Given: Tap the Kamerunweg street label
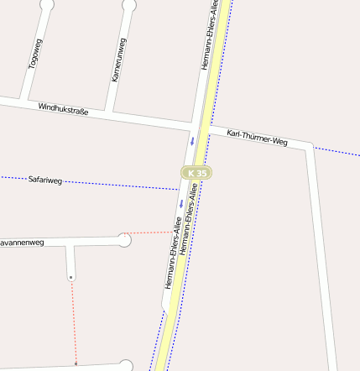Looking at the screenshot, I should [x=118, y=60].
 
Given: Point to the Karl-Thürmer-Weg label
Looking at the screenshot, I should [x=257, y=138].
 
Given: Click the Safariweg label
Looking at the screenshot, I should [x=45, y=180].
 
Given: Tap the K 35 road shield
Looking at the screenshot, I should [x=197, y=172].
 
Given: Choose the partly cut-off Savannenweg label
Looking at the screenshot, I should [x=21, y=242].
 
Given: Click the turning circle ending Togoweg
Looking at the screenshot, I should [x=47, y=4].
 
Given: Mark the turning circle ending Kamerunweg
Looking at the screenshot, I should [x=128, y=5].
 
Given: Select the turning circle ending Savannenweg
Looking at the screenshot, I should [x=124, y=241].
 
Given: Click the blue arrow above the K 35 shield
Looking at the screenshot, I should [x=192, y=140].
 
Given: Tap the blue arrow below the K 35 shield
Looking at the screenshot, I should [x=180, y=204].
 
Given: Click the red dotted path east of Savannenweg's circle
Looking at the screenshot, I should [x=151, y=233].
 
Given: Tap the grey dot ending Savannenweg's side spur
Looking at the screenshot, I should [x=71, y=277].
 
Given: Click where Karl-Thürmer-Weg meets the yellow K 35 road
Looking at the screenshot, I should [x=208, y=130].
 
